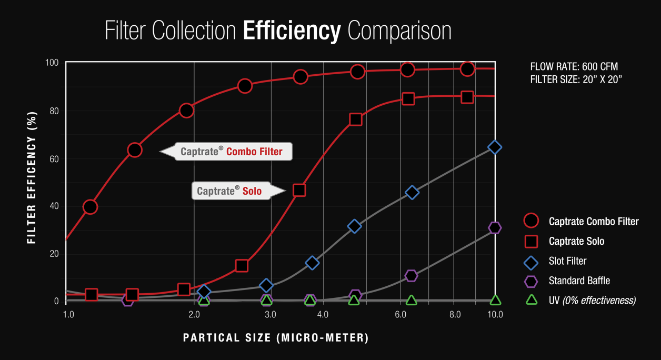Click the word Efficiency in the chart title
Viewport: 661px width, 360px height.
pos(292,31)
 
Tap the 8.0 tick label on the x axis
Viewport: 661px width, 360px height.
pos(455,315)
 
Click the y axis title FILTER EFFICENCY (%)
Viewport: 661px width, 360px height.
pos(32,177)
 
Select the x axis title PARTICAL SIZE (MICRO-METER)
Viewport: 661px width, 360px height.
pos(276,337)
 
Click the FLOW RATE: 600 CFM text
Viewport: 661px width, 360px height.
pos(574,67)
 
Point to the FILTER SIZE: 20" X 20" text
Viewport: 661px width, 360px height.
pos(576,79)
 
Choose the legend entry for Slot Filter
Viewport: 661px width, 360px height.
pos(567,261)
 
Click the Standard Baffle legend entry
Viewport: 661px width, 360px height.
pos(579,281)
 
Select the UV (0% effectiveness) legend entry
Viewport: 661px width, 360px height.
pos(592,301)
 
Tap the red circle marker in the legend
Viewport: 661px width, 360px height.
pos(532,221)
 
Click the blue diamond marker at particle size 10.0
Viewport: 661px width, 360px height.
pos(495,147)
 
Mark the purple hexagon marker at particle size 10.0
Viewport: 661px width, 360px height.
pos(495,228)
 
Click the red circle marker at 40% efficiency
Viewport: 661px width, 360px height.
pos(91,207)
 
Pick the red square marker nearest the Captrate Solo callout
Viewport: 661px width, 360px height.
pos(299,190)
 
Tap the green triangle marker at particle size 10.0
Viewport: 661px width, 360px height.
pos(495,300)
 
